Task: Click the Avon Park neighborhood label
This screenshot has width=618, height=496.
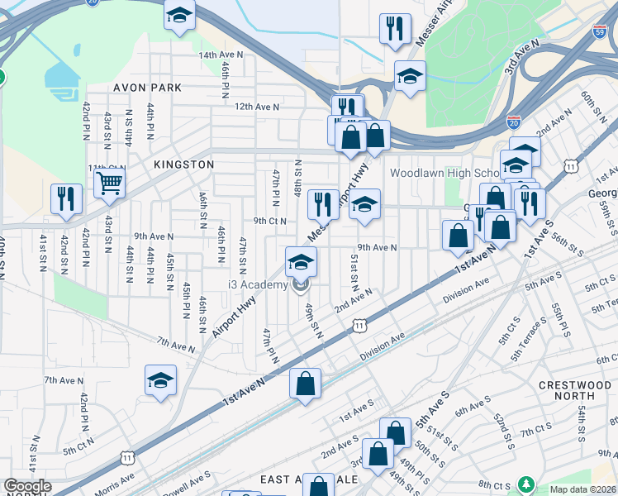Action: pos(145,87)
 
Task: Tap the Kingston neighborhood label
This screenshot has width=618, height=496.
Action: pos(183,165)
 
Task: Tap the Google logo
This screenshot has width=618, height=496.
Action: pos(26,486)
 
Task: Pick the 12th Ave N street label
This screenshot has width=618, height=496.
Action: pos(256,107)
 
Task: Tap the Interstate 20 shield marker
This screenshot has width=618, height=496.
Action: pos(514,121)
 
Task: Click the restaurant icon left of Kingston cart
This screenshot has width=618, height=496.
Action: pos(66,198)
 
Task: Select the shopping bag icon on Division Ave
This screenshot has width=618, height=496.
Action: pos(305,383)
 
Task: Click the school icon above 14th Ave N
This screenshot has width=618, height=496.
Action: pos(178,16)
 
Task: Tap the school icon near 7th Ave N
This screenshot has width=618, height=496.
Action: pos(161,380)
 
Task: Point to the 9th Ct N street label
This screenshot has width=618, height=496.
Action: pos(269,221)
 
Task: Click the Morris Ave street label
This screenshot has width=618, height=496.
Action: pos(115,479)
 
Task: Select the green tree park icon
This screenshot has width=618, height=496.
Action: pos(525,483)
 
